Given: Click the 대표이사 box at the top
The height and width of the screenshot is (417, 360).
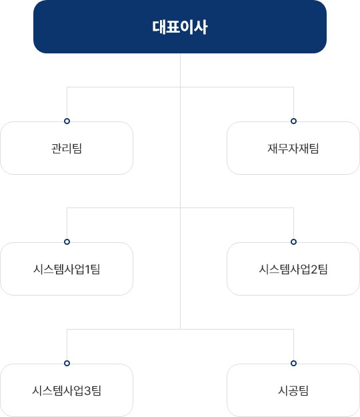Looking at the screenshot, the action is pos(180,27).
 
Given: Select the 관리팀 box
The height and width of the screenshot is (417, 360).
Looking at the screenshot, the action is pos(67,148).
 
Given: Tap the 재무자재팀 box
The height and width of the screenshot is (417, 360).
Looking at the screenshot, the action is pos(293,148).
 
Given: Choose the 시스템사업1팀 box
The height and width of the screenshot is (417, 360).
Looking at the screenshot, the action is pos(67,269).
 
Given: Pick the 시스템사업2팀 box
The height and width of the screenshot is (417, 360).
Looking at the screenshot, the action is pos(293,269).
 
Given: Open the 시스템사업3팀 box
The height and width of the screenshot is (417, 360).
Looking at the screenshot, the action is pos(67,390).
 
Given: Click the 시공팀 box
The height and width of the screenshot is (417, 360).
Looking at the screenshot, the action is pos(293,390).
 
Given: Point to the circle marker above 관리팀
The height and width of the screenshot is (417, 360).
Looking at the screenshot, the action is pos(67,121).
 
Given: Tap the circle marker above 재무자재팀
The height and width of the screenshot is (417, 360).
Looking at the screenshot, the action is pos(293,121).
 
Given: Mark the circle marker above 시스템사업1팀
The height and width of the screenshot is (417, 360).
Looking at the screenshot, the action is pos(67,242).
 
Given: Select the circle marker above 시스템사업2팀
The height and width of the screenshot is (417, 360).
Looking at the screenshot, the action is pos(293,242).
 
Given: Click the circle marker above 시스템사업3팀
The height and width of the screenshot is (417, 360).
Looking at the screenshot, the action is pos(67,363).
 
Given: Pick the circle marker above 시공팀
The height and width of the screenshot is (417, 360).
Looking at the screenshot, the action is pos(293,363).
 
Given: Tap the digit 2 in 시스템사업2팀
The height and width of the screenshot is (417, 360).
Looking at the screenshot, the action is pos(314,270).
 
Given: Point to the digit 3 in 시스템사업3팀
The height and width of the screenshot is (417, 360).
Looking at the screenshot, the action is pos(87,391).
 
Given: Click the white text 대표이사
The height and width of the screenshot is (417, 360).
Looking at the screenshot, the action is pos(180,27).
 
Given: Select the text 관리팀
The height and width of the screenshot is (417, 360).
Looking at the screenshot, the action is pos(67,148).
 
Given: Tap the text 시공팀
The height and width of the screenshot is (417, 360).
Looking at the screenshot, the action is pos(293,391).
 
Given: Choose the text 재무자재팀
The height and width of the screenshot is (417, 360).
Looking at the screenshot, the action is pos(293,148).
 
